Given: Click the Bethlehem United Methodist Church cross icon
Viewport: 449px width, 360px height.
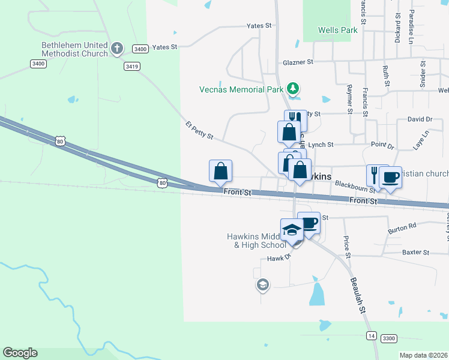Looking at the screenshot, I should pos(117,47).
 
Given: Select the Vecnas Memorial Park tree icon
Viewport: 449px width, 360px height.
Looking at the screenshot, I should pos(293,89).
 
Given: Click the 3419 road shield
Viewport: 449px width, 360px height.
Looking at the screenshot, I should pos(132,67).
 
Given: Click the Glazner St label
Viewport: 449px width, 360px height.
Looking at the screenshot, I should pos(298,62).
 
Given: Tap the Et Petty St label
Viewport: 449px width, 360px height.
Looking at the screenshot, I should pos(199,130).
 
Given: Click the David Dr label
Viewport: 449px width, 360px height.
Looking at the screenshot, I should pos(420,120).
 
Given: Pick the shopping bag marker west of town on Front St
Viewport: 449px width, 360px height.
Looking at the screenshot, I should pos(220,171).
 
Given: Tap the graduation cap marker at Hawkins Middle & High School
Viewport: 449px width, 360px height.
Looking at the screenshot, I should pos(292,230).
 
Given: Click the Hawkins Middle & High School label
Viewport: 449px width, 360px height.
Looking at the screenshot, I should pos(256,241).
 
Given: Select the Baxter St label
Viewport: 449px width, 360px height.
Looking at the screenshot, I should pos(417,253).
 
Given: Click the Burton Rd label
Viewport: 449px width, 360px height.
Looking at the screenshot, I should pos(402,227).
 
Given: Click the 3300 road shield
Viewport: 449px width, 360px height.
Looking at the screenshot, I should pos(389,339).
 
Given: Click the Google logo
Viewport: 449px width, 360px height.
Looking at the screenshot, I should pos(20,353).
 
